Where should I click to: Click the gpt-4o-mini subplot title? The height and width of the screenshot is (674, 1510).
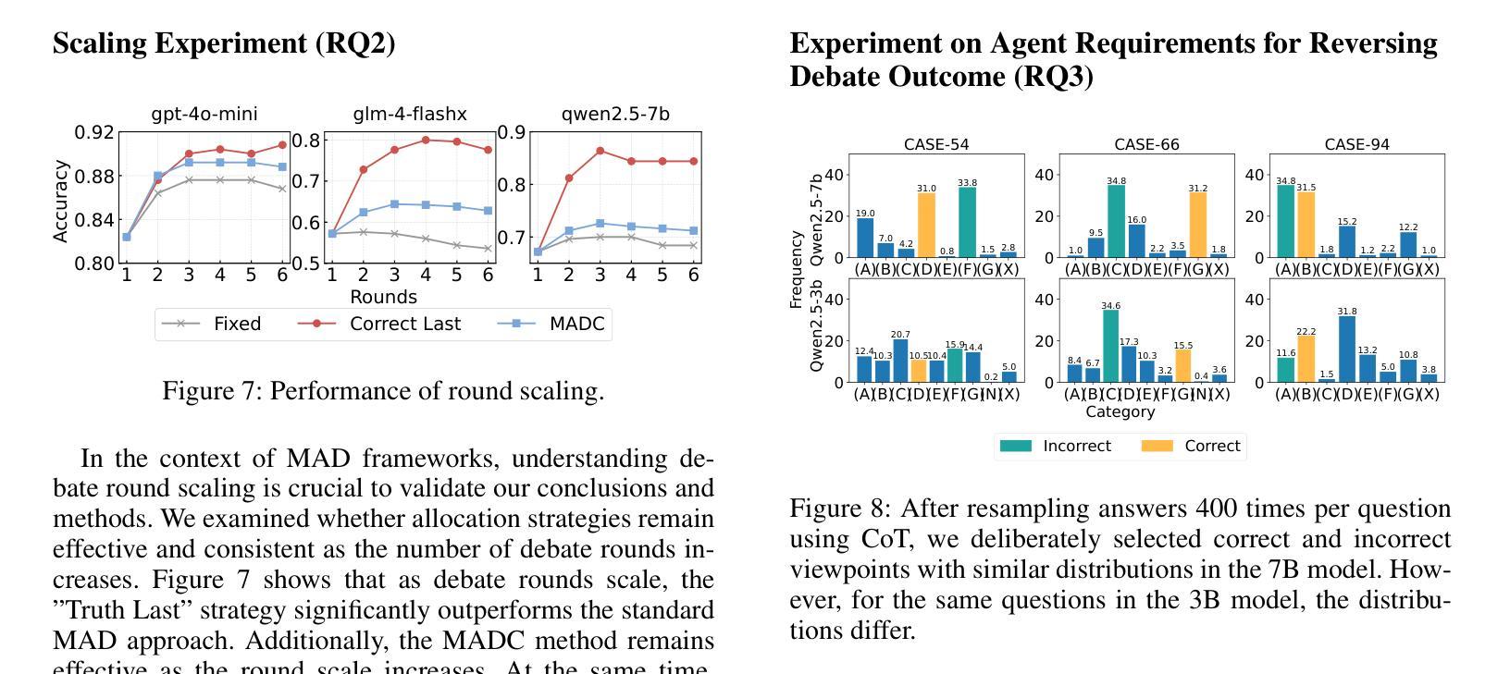point(204,115)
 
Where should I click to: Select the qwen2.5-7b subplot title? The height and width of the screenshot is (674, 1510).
point(615,115)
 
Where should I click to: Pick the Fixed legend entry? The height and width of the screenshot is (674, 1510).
point(212,324)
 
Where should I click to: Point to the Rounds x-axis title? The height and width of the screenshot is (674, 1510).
point(383,297)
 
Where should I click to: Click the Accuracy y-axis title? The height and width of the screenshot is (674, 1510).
point(61,201)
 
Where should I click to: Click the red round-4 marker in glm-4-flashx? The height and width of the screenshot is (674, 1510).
point(426,141)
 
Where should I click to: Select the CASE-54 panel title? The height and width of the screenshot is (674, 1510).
point(936,144)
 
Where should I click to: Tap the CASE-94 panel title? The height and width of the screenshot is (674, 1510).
point(1356,144)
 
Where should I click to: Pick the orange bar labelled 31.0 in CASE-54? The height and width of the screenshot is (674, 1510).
point(926,225)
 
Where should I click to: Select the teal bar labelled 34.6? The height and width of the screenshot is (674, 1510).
point(1110,346)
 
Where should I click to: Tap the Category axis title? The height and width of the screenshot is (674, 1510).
point(1120,411)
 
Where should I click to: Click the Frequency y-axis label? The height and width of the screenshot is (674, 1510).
point(796,269)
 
